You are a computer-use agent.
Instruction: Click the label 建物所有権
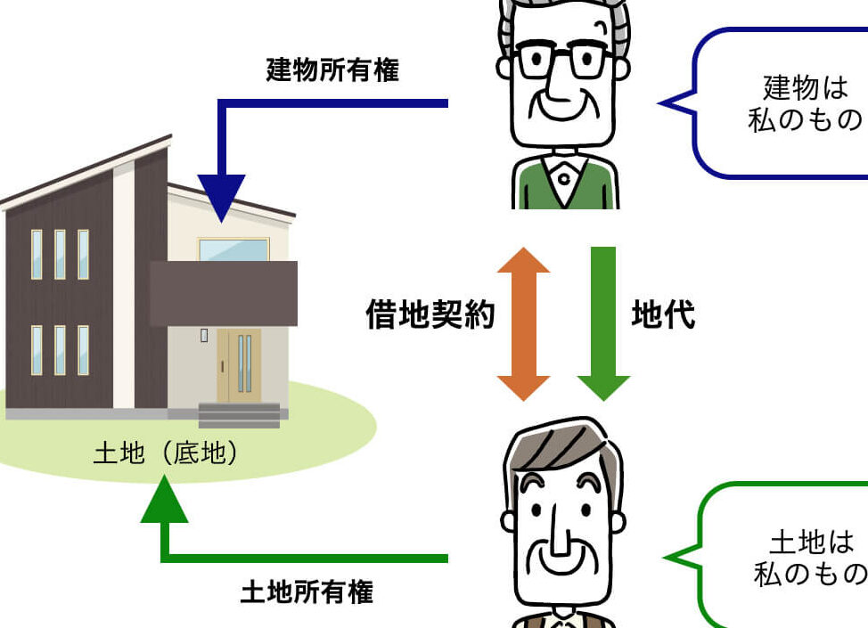tap(332, 71)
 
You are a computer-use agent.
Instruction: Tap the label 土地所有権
tap(307, 591)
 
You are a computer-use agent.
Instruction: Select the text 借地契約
tap(430, 314)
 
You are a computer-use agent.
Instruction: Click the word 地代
tap(663, 314)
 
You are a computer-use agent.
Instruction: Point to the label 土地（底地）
tap(168, 454)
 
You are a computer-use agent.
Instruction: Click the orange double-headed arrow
tap(524, 322)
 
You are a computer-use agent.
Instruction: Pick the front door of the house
tap(239, 365)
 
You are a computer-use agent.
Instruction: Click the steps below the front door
tap(239, 414)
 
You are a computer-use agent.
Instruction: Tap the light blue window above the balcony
tap(233, 250)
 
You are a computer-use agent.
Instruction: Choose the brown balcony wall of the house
tap(223, 294)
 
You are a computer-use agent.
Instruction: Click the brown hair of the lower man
tap(561, 450)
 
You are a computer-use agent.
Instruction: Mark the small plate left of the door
tap(204, 336)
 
